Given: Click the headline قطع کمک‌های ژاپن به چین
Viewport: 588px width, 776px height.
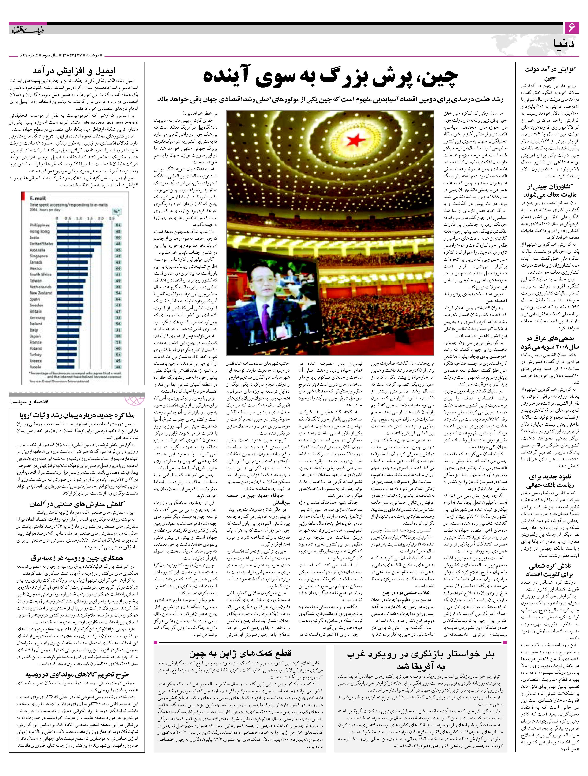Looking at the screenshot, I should coord(240,653).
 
